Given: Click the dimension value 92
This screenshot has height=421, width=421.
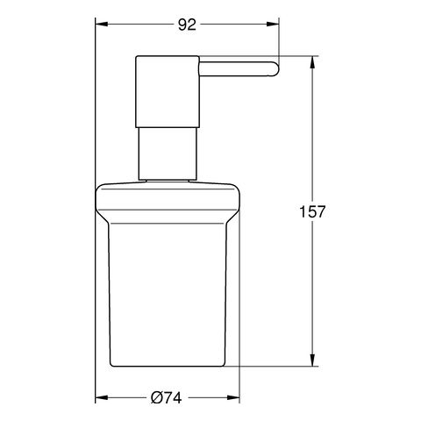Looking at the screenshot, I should [187, 25].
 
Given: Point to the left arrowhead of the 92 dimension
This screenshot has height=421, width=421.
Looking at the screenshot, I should [99, 39].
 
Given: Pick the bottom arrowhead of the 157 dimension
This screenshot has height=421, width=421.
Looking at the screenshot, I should [312, 362].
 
